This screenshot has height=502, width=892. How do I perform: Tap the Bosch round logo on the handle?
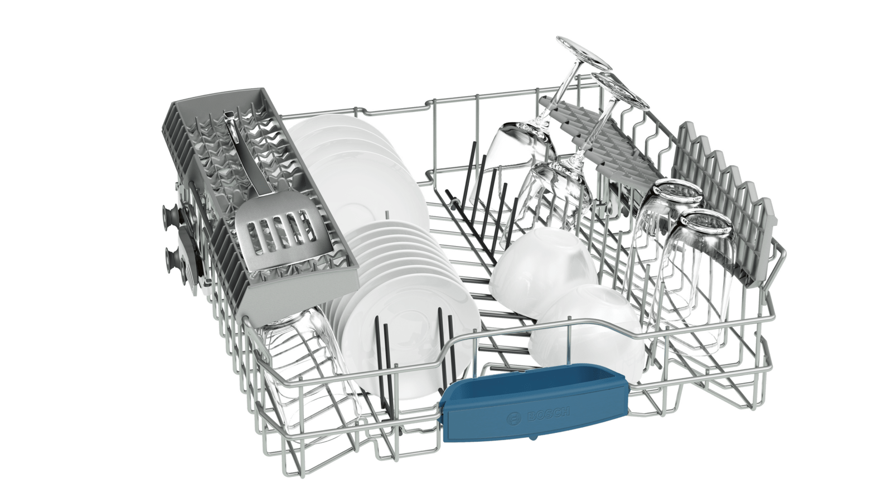[514, 419]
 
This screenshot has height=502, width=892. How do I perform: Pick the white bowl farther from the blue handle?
[544, 268]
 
